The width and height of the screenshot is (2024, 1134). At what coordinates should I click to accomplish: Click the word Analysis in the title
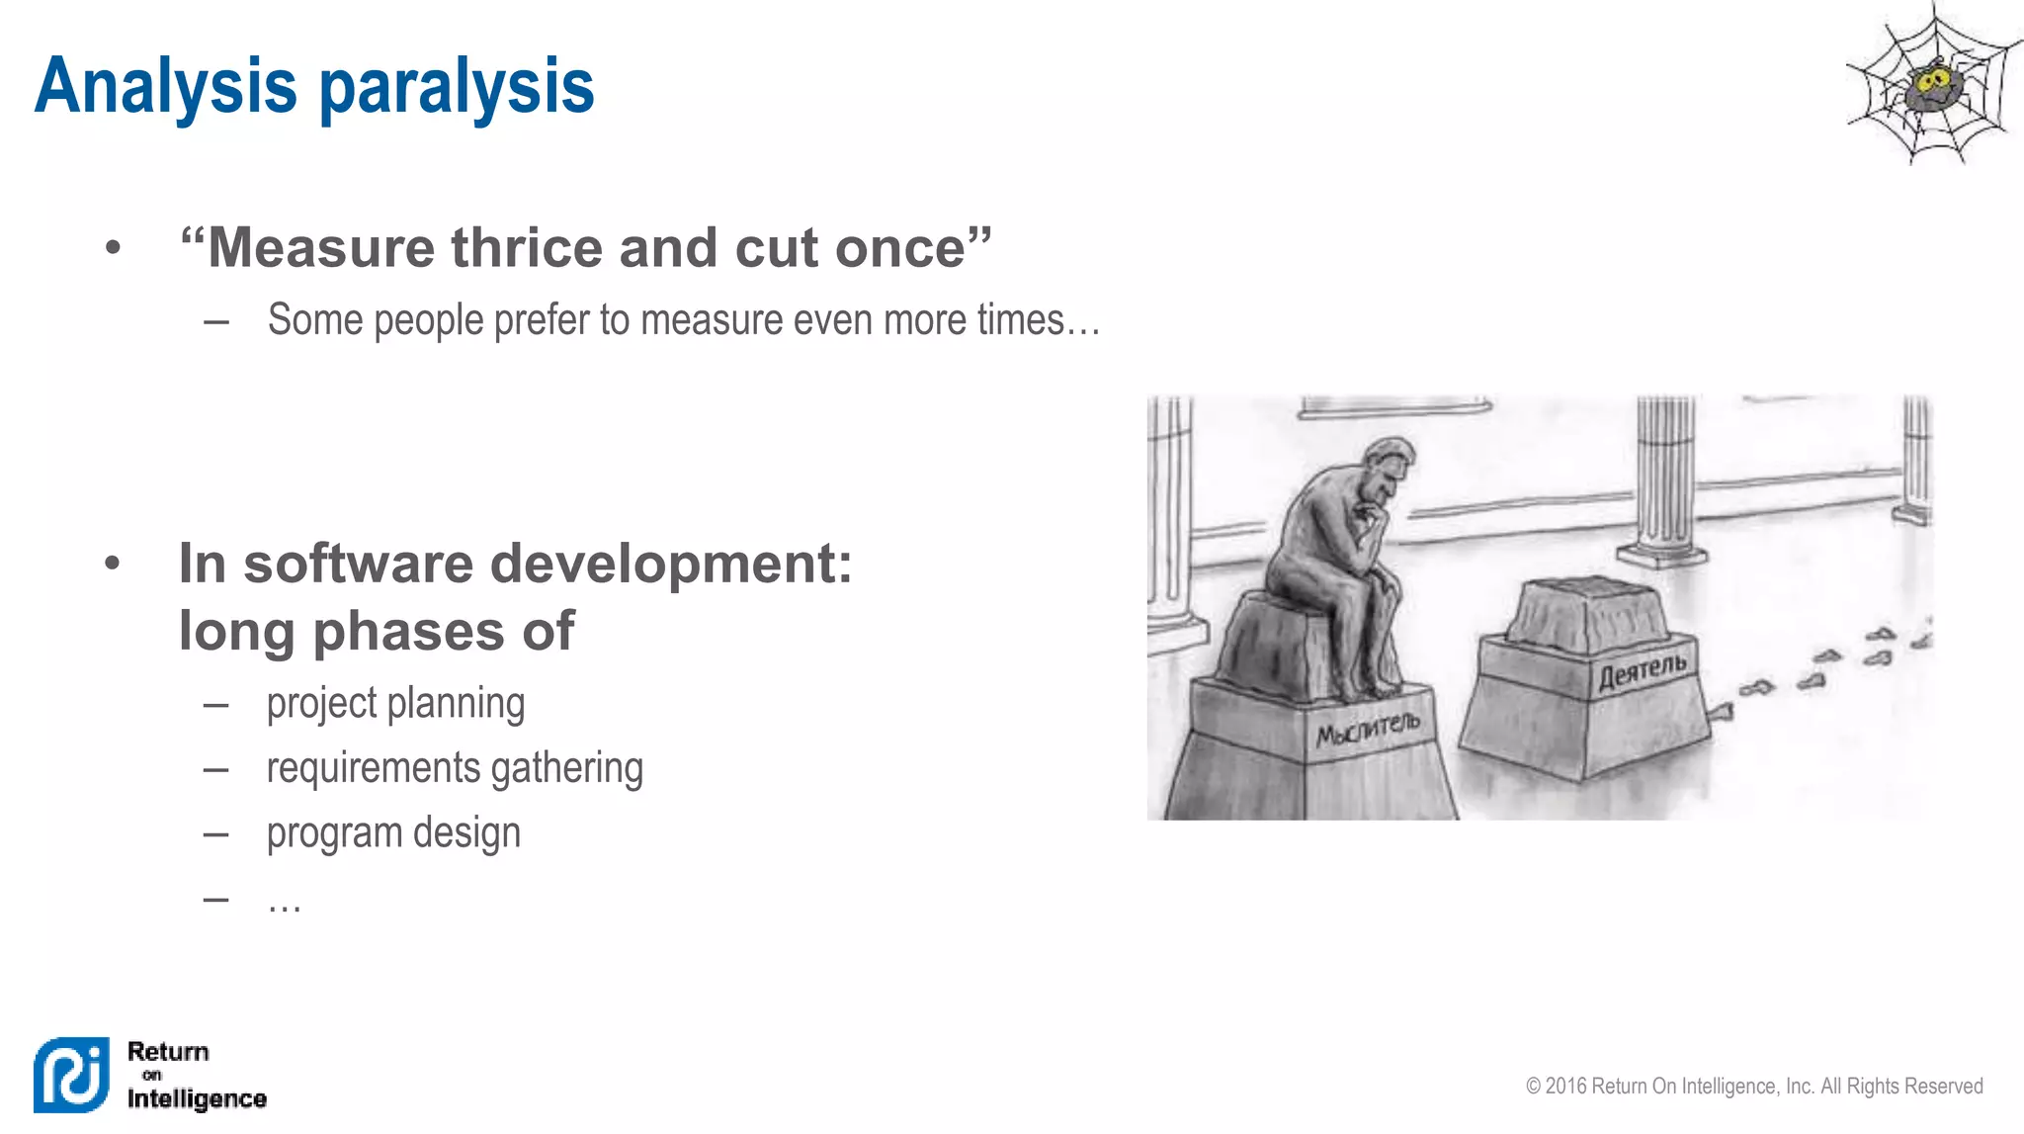point(165,87)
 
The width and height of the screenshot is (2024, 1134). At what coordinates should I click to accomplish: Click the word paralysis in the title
point(457,87)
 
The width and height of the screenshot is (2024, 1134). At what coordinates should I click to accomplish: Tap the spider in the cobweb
point(1931,88)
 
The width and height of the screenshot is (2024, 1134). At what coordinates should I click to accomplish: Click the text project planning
point(395,704)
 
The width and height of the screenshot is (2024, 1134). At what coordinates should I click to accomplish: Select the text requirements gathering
point(455,768)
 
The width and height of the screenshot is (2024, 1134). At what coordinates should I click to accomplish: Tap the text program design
point(393,833)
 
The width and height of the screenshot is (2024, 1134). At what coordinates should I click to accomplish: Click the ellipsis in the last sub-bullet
point(284,902)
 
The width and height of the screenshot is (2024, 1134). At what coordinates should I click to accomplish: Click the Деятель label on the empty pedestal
point(1643,670)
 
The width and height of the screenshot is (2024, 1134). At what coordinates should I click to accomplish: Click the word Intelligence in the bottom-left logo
point(197,1098)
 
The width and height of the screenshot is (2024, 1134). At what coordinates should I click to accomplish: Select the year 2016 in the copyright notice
point(1566,1087)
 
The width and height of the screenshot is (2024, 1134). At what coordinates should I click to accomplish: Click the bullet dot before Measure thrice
point(113,247)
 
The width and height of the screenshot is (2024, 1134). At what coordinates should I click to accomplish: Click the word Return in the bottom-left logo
point(168,1051)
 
